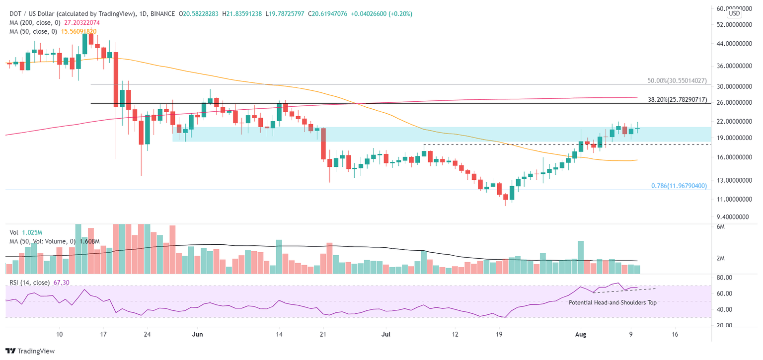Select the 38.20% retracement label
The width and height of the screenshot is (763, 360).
click(677, 99)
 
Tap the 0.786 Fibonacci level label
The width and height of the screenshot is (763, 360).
click(679, 186)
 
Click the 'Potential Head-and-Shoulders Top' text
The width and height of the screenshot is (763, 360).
click(612, 302)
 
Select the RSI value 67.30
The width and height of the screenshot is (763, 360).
click(61, 283)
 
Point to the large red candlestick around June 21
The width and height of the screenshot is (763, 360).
click(323, 144)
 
